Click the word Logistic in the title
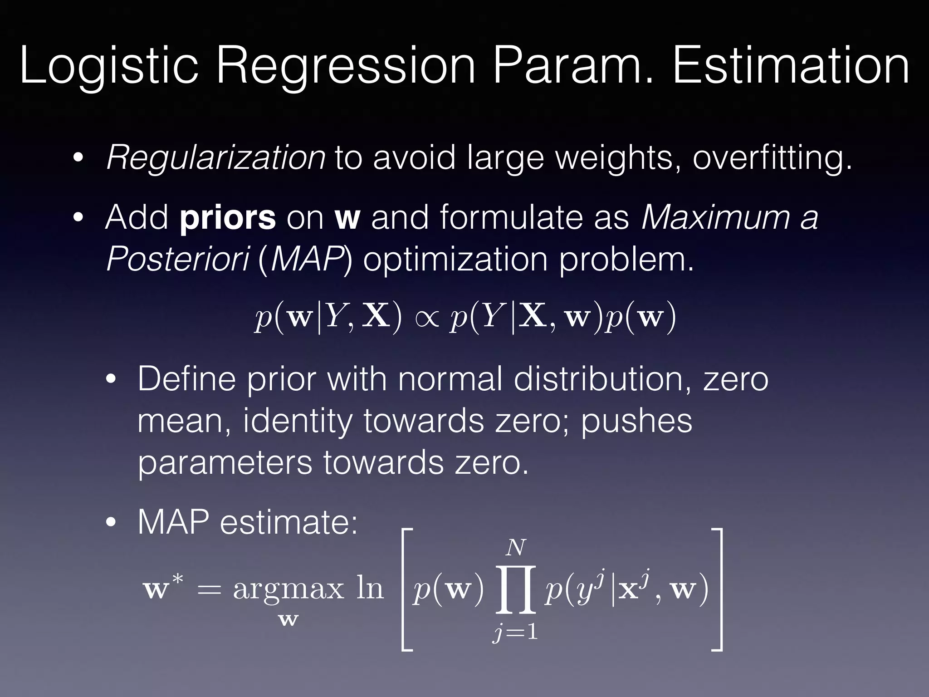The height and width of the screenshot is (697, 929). (109, 67)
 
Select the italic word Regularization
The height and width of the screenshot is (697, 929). (215, 159)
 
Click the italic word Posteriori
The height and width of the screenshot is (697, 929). (177, 260)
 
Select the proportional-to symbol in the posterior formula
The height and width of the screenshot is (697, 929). (426, 318)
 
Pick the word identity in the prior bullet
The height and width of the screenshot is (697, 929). (298, 422)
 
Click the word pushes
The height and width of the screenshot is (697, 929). (636, 422)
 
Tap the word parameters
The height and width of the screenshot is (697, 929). (225, 463)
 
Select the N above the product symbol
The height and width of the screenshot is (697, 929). (516, 548)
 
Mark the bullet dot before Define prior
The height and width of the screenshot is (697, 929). (111, 380)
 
